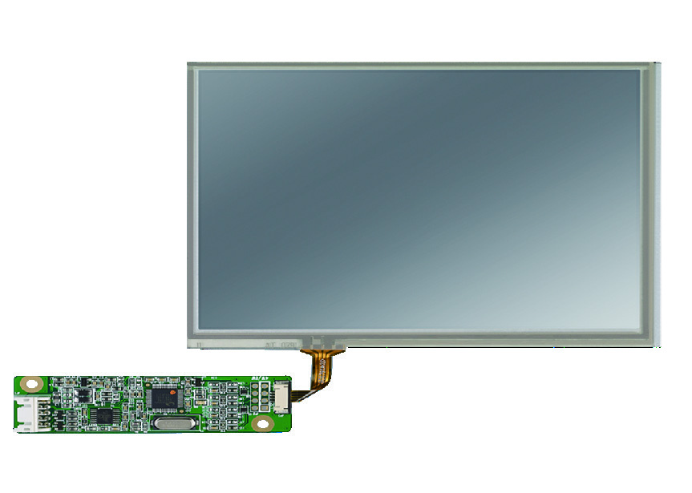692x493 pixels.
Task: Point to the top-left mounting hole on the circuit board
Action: [x=30, y=384]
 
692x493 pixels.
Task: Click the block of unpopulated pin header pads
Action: [x=259, y=395]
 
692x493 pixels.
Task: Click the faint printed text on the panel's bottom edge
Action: [x=277, y=344]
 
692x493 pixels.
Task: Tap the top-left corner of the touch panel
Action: [x=189, y=64]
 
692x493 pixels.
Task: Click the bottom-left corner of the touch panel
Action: [x=189, y=346]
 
